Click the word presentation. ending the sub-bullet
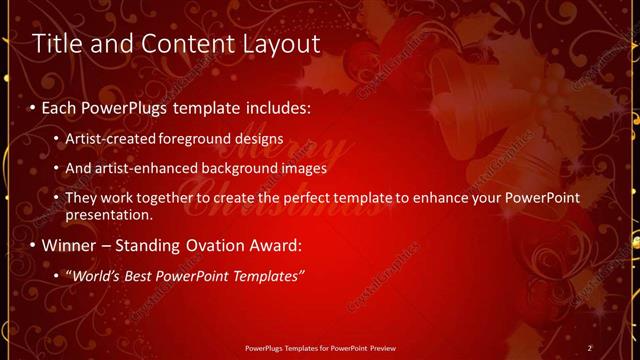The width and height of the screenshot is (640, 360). coord(109,214)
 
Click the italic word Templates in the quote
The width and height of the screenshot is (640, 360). coord(268,275)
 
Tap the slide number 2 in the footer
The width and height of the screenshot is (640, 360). coord(590,347)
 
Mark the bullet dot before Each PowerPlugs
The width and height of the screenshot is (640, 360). coord(33,106)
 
